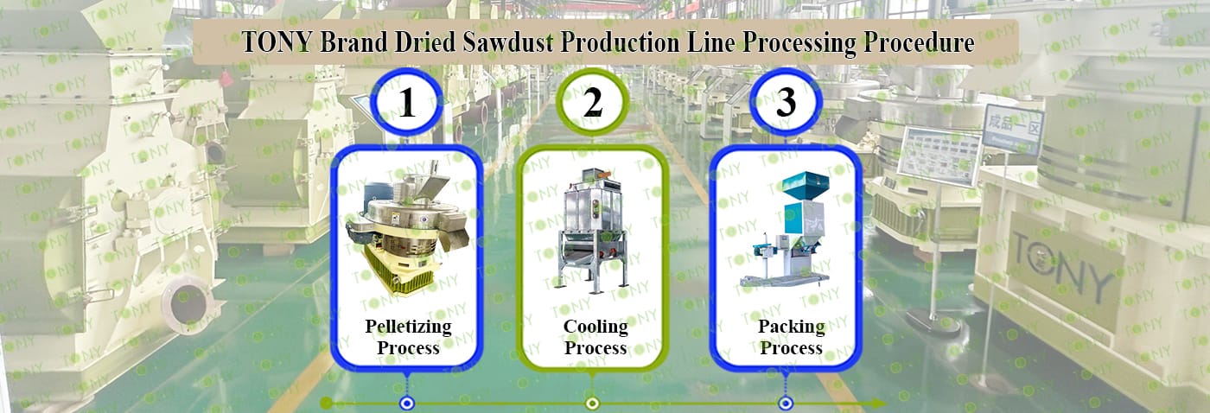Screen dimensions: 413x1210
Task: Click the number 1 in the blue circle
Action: coord(407,104)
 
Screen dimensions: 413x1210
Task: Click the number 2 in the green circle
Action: coord(592,104)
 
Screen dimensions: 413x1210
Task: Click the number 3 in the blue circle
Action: coord(786,104)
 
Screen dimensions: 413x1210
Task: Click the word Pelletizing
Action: coord(408,327)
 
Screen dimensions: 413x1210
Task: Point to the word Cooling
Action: coord(595,327)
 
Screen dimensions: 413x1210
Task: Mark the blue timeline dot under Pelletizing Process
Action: coord(406,403)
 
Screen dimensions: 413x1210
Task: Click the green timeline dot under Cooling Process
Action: coord(592,403)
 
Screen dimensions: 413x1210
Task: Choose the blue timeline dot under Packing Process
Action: coord(786,403)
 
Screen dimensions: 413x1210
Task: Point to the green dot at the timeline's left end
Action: coord(326,403)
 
